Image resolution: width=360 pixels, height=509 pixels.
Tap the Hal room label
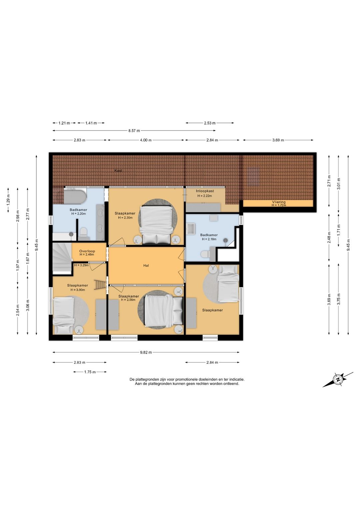tap(146, 265)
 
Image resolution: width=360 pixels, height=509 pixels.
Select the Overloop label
tap(87, 251)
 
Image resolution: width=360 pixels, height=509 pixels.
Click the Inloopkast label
tap(205, 191)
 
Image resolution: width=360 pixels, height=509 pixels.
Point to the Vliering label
tap(279, 202)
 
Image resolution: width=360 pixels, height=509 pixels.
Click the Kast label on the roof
tap(118, 170)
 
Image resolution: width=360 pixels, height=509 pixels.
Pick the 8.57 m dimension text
tap(134, 131)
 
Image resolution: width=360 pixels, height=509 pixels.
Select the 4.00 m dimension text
tap(146, 140)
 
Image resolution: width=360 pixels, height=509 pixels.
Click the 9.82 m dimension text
tap(146, 353)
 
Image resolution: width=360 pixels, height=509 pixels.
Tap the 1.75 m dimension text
tap(90, 372)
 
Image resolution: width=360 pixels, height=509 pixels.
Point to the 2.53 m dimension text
tap(210, 123)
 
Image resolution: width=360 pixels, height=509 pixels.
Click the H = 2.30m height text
tap(125, 218)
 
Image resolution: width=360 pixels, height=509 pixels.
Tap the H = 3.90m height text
tap(78, 290)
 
